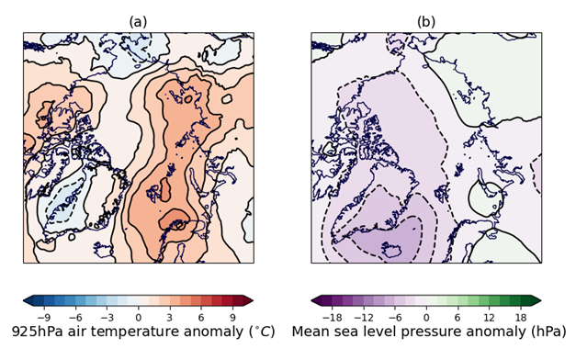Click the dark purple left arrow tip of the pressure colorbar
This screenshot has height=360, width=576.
(317, 300)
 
